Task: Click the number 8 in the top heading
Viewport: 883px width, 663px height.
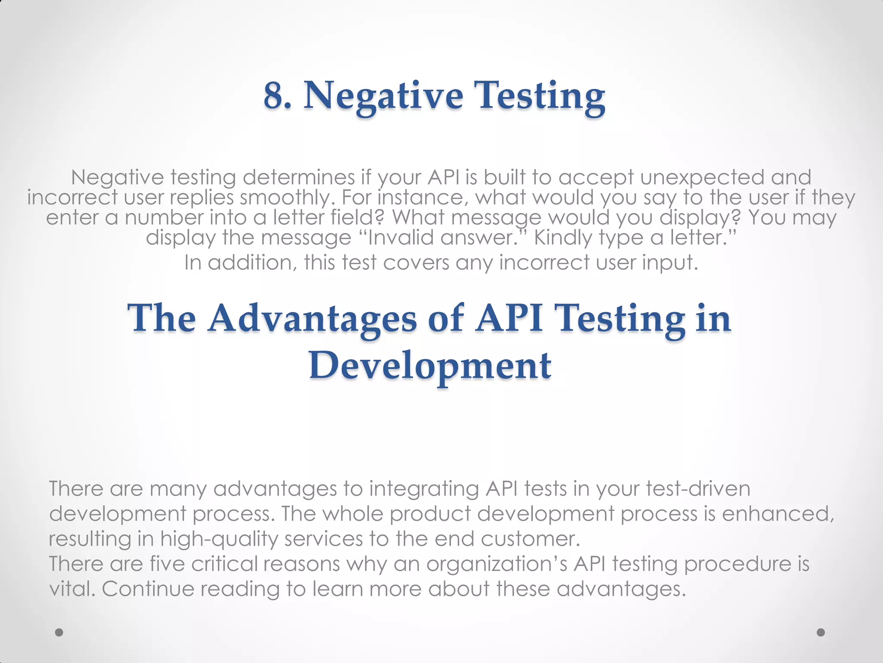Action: (274, 96)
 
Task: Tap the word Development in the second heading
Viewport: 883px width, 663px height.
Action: (430, 366)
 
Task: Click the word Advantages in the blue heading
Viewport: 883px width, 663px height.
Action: (312, 318)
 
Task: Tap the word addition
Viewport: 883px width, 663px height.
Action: (252, 262)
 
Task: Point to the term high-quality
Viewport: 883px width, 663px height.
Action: (219, 539)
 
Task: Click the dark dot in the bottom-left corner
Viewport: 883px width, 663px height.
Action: (59, 632)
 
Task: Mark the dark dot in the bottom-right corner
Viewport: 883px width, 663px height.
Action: (821, 632)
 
